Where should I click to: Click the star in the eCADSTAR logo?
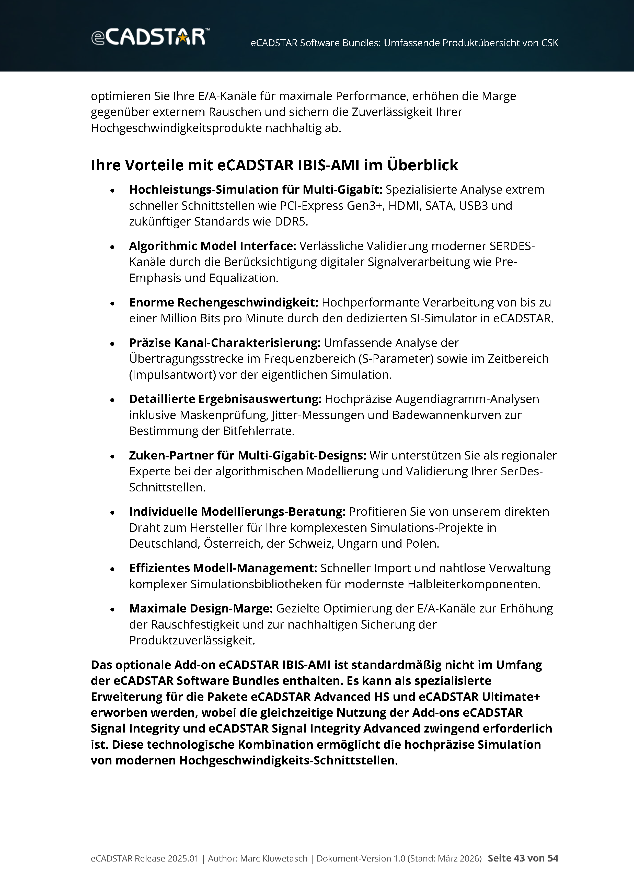[182, 38]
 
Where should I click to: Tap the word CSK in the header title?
[549, 43]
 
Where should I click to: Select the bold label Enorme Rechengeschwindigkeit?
[224, 302]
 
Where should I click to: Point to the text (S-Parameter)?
[396, 359]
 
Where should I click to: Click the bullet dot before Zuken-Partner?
[112, 456]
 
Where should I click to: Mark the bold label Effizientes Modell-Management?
[223, 568]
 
